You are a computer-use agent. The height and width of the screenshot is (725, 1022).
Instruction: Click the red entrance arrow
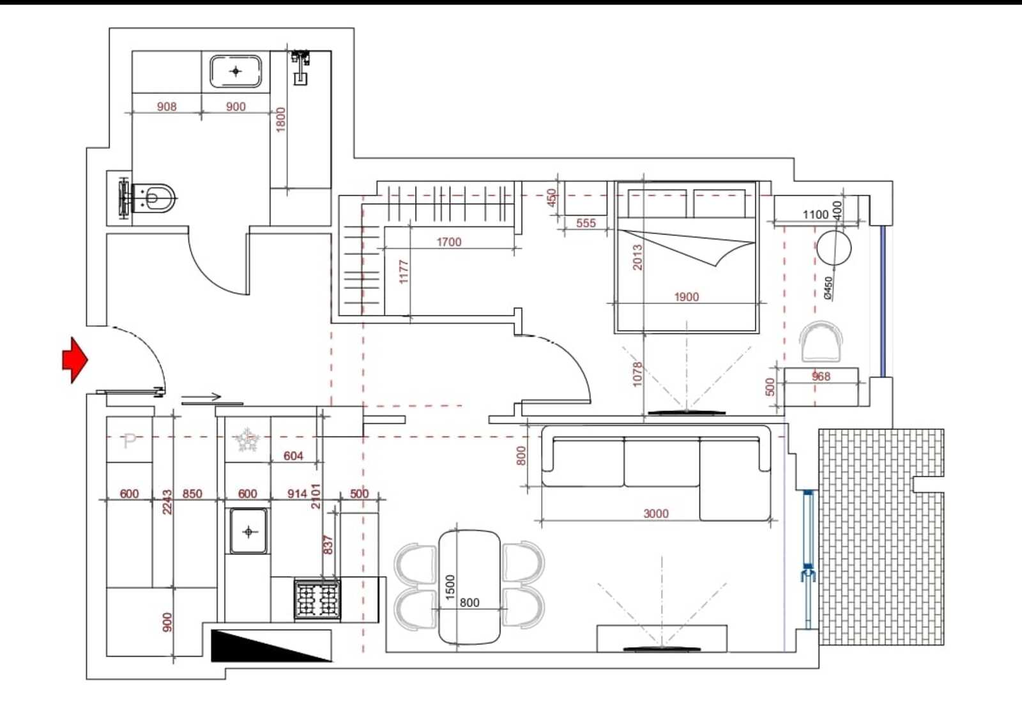click(75, 360)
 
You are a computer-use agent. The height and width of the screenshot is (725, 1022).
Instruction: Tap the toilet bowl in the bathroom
click(153, 199)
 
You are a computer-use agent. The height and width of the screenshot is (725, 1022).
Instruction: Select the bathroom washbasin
click(236, 71)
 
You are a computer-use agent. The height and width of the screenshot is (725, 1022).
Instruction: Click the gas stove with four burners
click(317, 599)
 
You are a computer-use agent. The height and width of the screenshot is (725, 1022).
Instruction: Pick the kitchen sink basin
click(248, 531)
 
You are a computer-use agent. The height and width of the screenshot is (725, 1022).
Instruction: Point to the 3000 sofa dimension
click(656, 514)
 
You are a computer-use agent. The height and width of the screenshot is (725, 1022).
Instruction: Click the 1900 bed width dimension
click(686, 297)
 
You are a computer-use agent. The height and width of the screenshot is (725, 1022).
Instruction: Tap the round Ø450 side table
click(834, 248)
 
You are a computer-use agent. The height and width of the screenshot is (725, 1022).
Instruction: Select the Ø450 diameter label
click(828, 288)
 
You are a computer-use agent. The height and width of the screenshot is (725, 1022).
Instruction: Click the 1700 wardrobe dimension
click(449, 242)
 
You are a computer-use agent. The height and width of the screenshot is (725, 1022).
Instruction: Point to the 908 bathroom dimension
click(167, 106)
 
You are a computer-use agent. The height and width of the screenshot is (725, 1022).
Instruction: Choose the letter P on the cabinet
click(130, 441)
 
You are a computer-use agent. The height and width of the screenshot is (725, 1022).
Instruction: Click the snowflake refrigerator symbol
click(247, 440)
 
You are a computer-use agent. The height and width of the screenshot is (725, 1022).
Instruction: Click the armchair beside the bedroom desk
click(821, 341)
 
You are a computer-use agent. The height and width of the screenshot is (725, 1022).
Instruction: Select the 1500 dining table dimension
click(450, 587)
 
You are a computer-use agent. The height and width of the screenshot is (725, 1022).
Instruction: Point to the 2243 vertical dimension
click(167, 502)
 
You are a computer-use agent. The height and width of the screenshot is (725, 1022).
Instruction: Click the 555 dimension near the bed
click(586, 223)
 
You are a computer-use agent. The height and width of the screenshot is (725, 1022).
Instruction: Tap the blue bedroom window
click(883, 301)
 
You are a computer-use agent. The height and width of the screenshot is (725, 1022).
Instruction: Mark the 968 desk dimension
click(821, 376)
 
